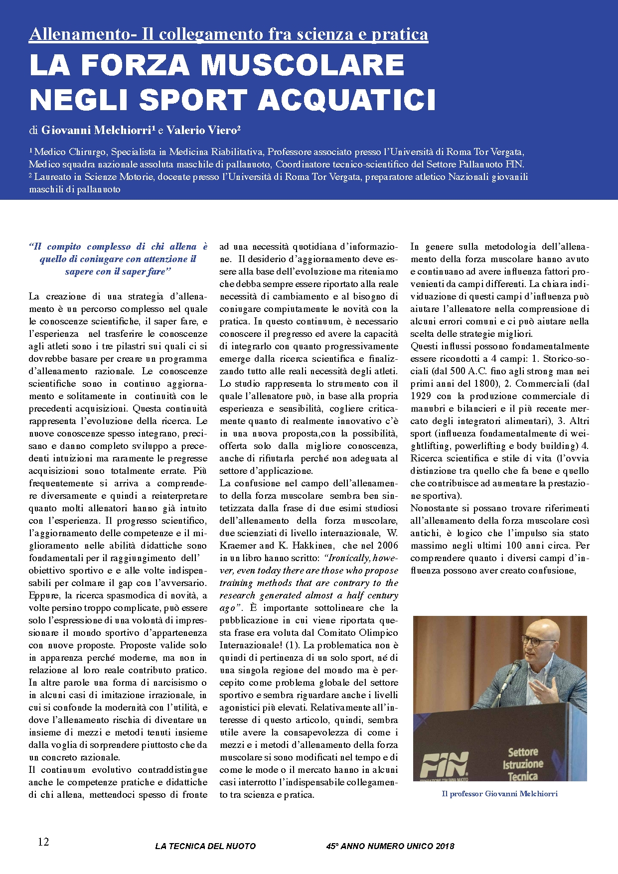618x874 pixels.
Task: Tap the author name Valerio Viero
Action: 201,130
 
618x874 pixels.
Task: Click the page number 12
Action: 43,842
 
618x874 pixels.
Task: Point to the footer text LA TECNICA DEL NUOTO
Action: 205,846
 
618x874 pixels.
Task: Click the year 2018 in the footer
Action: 445,846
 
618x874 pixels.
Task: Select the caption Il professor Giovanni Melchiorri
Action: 499,794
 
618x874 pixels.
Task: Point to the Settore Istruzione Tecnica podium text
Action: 523,764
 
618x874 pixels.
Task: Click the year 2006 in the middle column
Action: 387,546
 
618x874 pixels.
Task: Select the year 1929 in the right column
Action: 421,396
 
